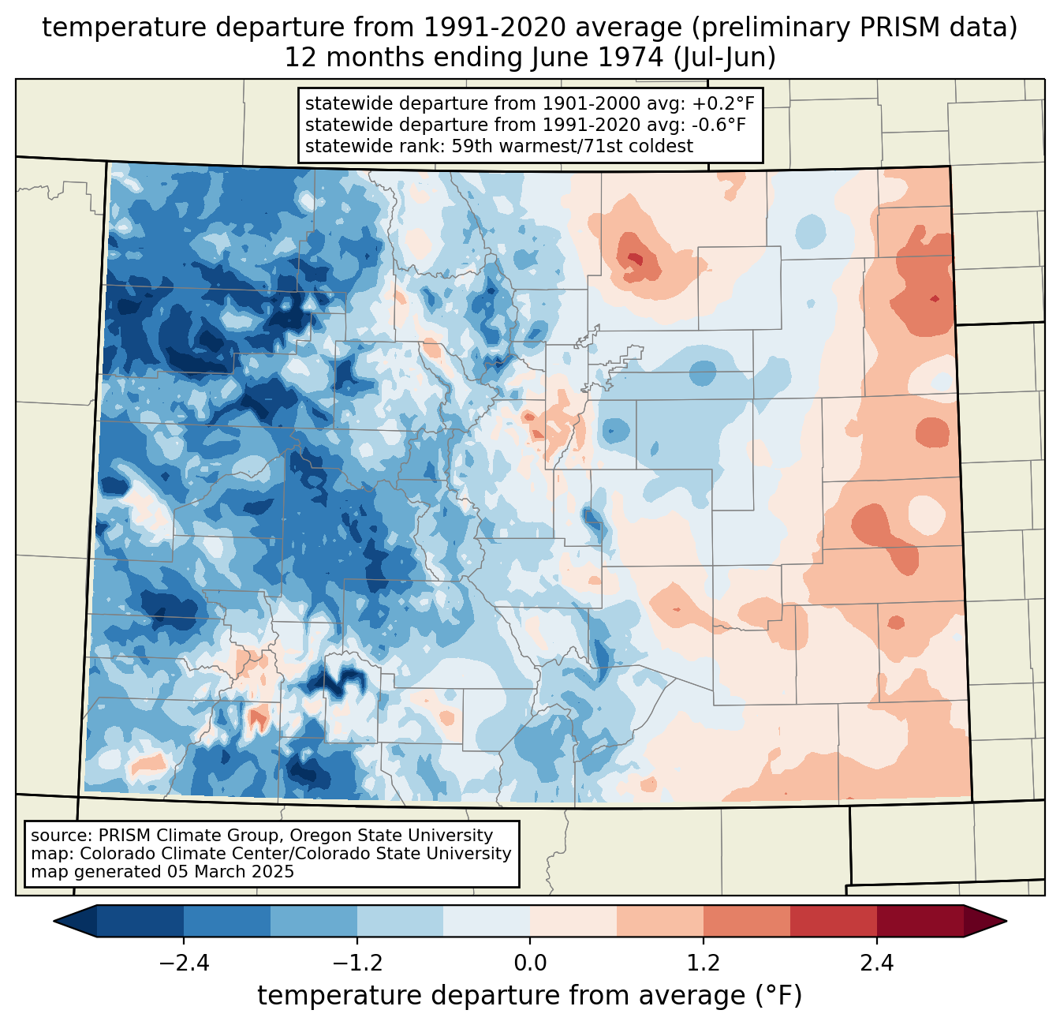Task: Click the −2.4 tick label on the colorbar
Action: click(x=184, y=963)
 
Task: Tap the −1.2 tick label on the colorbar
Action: click(x=356, y=963)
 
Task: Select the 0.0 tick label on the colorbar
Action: click(x=530, y=963)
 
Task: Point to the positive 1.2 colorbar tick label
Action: click(x=704, y=963)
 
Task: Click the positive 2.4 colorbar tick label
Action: click(x=876, y=963)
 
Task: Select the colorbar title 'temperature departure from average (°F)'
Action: click(x=530, y=996)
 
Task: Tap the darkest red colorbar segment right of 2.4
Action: click(x=920, y=921)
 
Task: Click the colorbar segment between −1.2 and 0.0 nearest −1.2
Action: click(x=400, y=921)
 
